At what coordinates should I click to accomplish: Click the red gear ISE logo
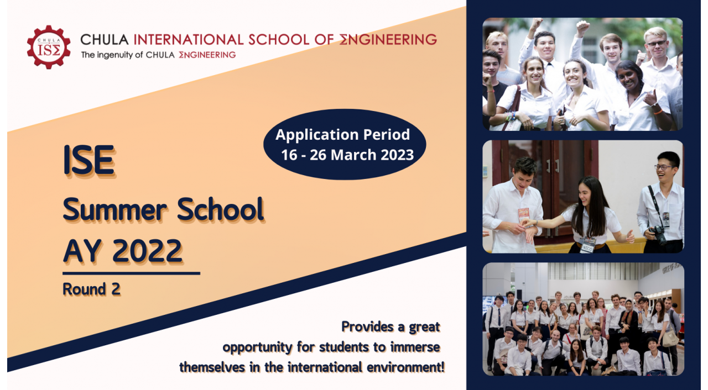(x=49, y=48)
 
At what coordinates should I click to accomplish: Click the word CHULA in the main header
(x=105, y=40)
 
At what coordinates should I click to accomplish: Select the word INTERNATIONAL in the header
(x=189, y=40)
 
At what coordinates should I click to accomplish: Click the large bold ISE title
(x=89, y=160)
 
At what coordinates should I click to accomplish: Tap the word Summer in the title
(x=114, y=209)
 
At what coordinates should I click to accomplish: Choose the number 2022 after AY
(x=147, y=251)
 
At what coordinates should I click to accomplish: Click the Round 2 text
(x=91, y=289)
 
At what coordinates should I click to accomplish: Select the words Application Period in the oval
(x=342, y=135)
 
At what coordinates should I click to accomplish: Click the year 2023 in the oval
(x=397, y=155)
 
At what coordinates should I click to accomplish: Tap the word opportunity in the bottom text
(x=258, y=347)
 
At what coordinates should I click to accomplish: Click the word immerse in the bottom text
(x=415, y=347)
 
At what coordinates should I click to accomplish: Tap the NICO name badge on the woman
(x=587, y=247)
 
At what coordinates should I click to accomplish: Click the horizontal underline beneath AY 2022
(x=131, y=273)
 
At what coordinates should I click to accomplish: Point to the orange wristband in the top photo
(x=658, y=112)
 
